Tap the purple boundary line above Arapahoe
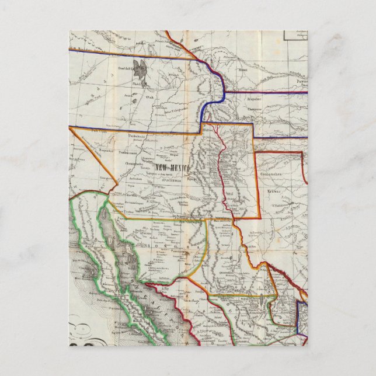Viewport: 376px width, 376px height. click(263, 92)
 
